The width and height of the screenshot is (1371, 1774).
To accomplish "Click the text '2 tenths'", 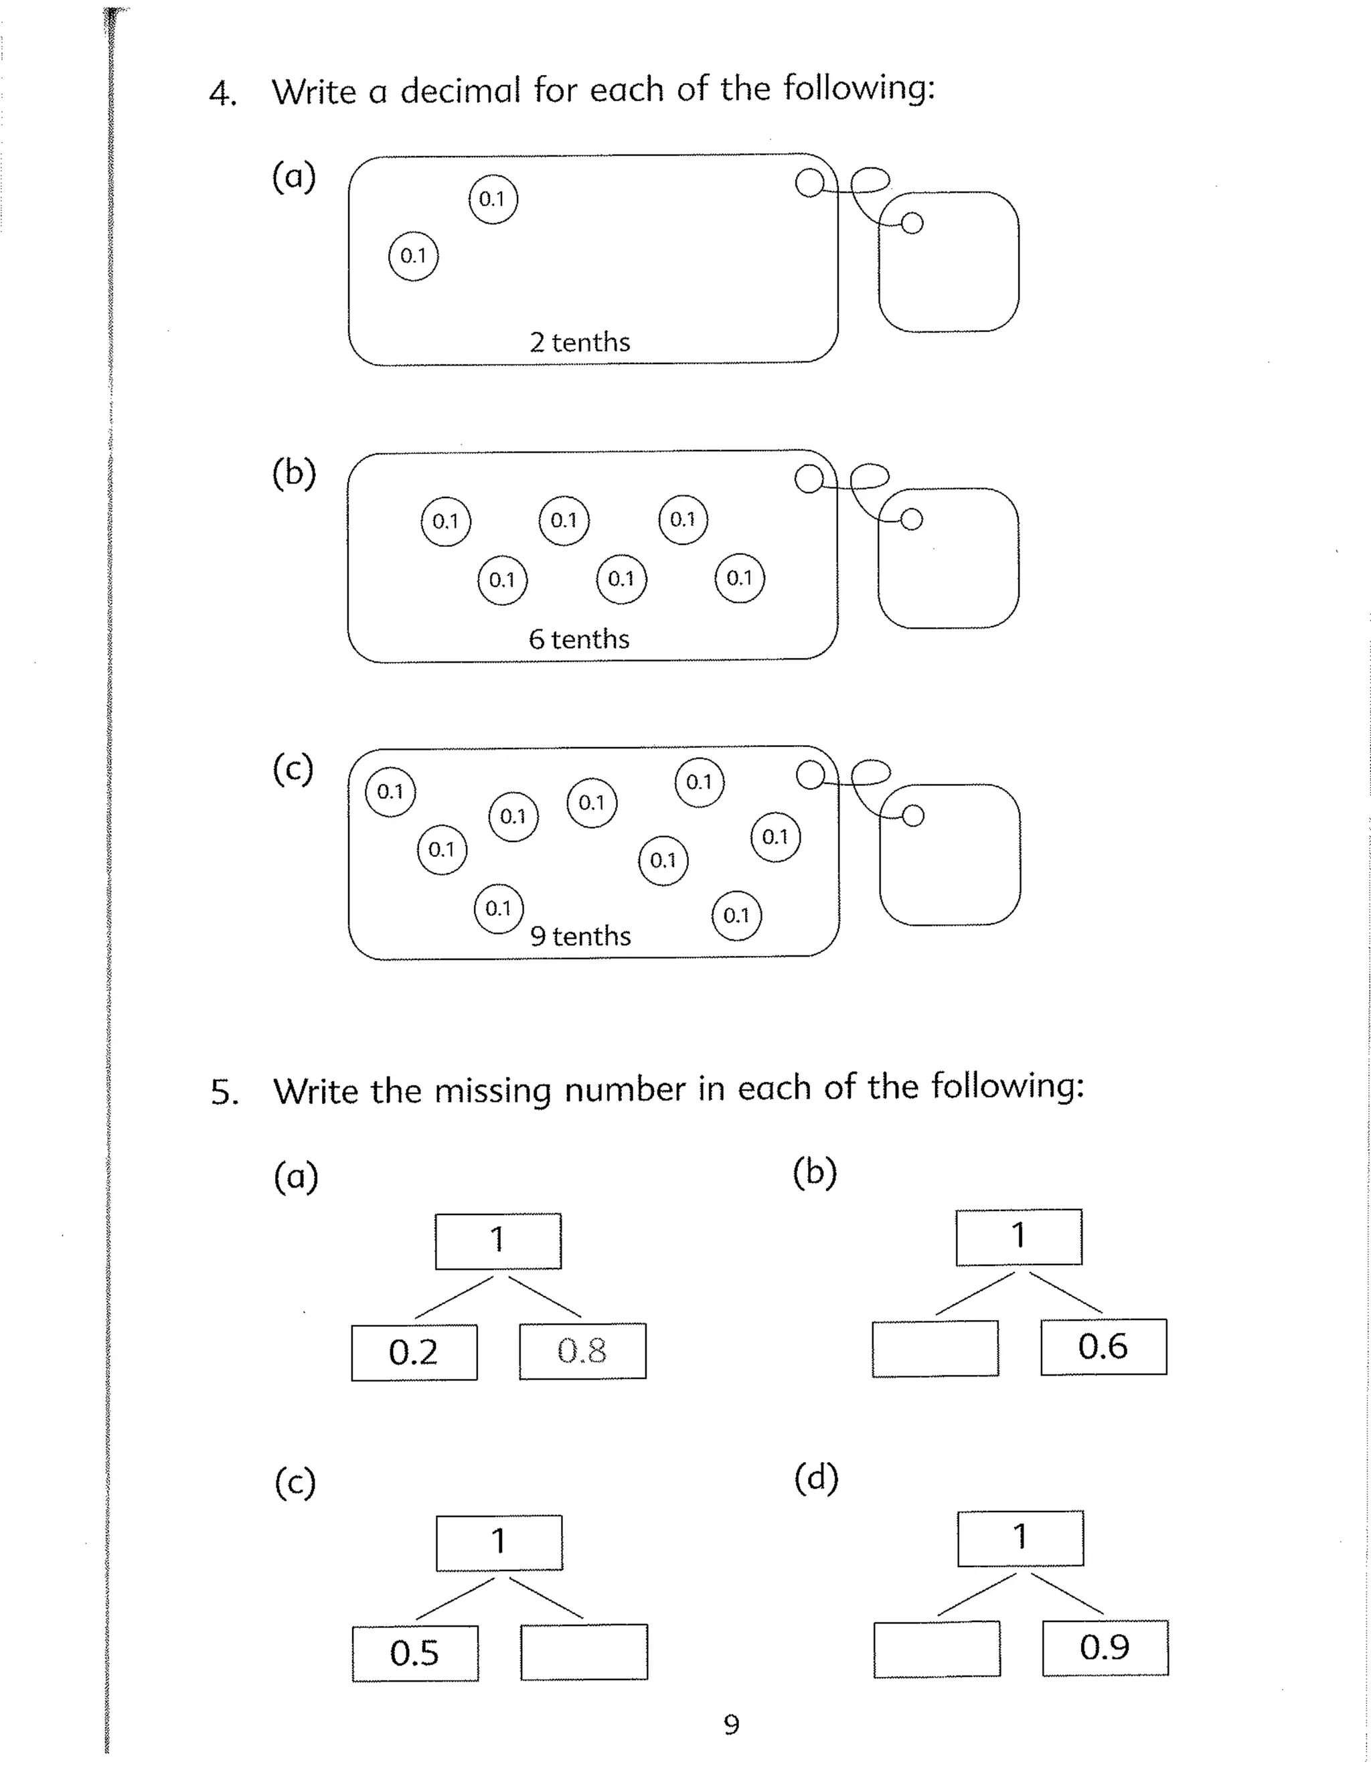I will coord(580,342).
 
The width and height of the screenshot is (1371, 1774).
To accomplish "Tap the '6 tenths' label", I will coord(579,639).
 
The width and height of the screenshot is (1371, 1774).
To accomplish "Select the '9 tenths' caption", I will coord(580,936).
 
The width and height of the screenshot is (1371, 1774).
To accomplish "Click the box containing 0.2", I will coord(414,1352).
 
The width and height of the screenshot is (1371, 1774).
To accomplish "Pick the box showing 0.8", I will coord(582,1351).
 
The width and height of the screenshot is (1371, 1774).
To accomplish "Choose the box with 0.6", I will coord(1103,1347).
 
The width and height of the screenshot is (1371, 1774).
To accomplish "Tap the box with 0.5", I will coord(415,1653).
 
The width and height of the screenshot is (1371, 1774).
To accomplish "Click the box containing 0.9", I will coord(1105,1647).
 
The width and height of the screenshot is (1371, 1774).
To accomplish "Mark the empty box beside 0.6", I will coord(935,1348).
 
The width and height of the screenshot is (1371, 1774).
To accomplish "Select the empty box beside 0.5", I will coord(584,1651).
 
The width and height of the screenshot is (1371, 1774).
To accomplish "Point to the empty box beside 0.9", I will coord(937,1649).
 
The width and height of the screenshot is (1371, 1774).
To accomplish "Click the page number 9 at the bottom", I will coord(731,1724).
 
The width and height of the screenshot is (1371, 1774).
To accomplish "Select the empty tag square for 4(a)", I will coord(949,262).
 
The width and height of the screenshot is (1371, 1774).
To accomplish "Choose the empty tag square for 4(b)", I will coord(948,559).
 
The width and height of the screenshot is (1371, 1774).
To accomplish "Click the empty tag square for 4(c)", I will coord(949,854).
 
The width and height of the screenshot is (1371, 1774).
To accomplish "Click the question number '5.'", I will coord(224,1093).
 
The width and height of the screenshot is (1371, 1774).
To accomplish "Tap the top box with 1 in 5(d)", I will coord(1020,1538).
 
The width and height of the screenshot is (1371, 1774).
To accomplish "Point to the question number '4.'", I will coord(222,94).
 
